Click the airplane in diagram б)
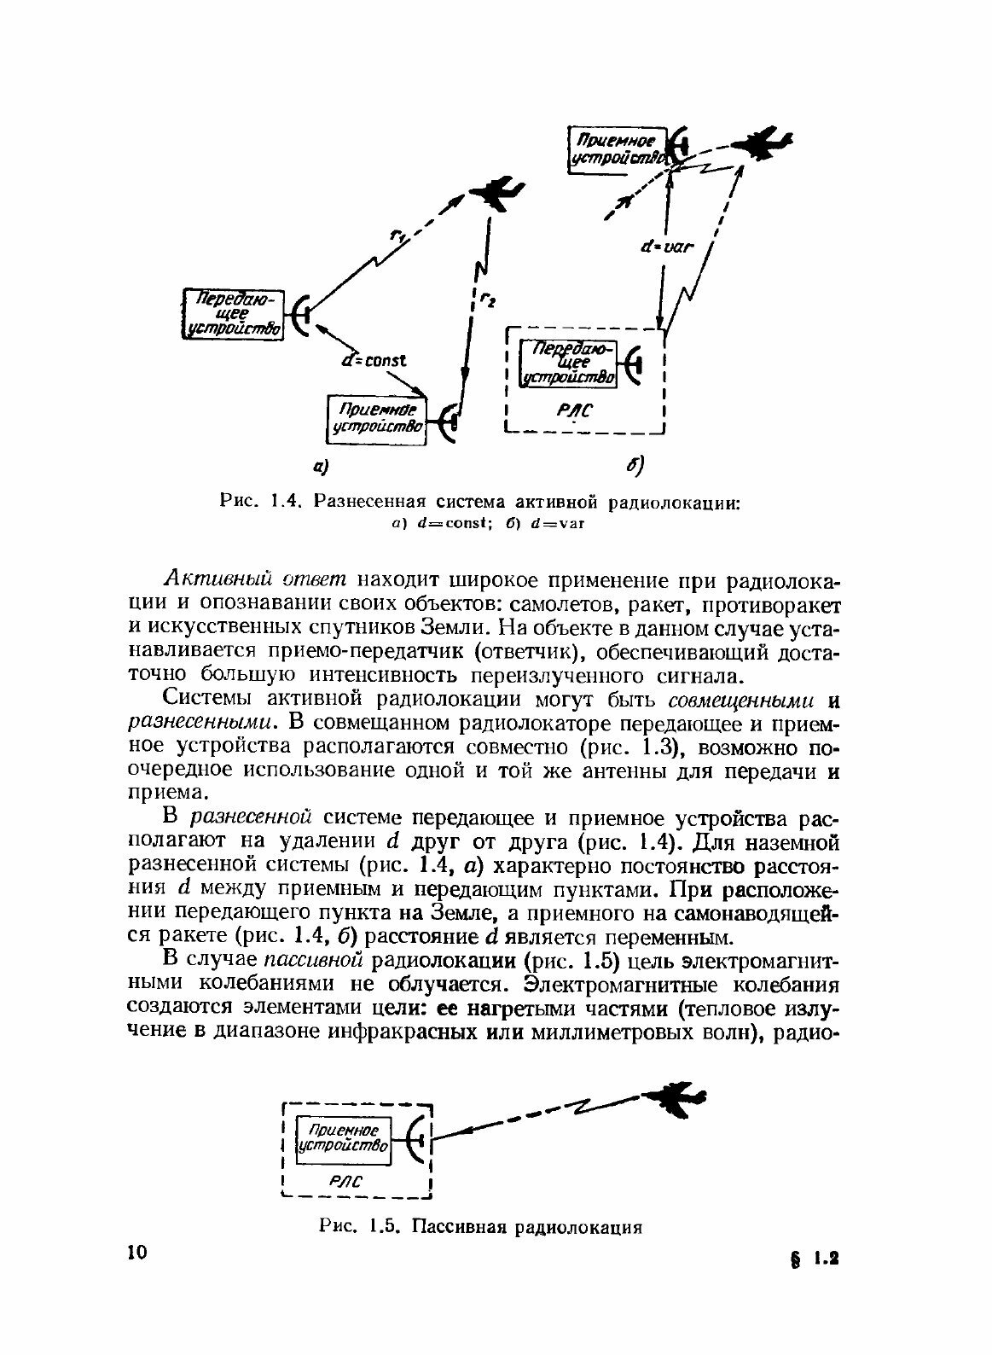pos(764,143)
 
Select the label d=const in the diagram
pos(374,360)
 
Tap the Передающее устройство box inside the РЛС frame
pos(570,363)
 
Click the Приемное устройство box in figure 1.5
pos(342,1138)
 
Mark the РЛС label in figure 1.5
pos(345,1182)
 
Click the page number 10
pos(136,1253)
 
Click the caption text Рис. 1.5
pos(358,1227)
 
